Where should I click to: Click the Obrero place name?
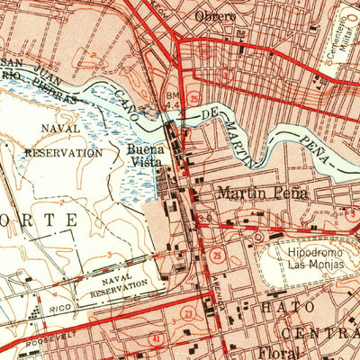(214, 16)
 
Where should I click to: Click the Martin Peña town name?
(261, 193)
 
